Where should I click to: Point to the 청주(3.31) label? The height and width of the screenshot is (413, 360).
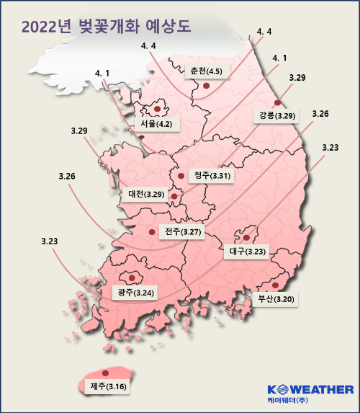click(x=211, y=176)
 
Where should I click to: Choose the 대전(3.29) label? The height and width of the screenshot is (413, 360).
click(x=146, y=194)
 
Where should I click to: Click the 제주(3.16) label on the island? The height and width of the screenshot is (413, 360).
click(x=105, y=387)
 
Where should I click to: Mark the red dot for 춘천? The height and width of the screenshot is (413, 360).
click(x=206, y=86)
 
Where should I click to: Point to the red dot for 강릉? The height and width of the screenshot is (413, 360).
click(x=277, y=102)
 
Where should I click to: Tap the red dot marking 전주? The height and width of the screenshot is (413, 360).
click(x=151, y=231)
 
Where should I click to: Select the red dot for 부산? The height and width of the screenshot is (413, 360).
click(x=275, y=285)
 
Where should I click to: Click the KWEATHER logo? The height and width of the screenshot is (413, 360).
click(x=310, y=390)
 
